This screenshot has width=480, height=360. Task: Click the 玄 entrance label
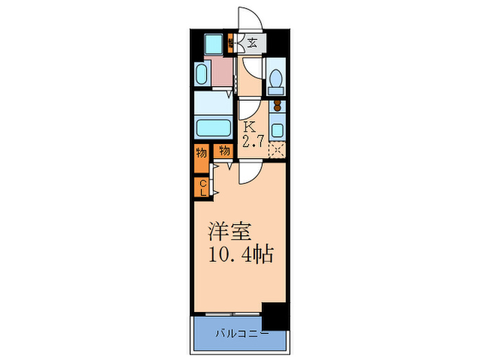tap(252, 43)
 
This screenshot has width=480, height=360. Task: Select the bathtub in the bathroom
tap(213, 127)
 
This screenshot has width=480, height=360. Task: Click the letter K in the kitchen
tap(250, 126)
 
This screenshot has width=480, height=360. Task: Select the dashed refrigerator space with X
tap(277, 150)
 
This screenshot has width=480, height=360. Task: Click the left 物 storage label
tap(202, 152)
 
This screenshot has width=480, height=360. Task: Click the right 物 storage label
tap(224, 150)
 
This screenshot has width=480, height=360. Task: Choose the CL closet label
tap(203, 187)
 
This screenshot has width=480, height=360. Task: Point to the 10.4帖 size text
tap(240, 256)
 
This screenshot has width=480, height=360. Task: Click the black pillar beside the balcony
tap(276, 315)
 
